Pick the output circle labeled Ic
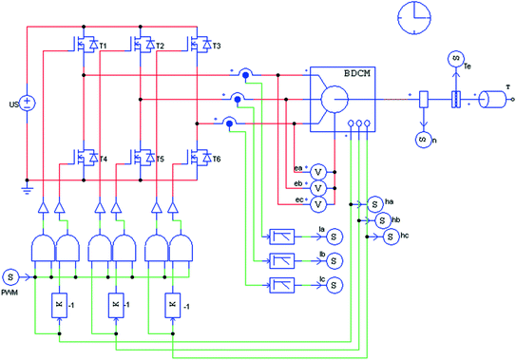334,285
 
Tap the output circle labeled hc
390,236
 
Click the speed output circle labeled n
422,139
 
